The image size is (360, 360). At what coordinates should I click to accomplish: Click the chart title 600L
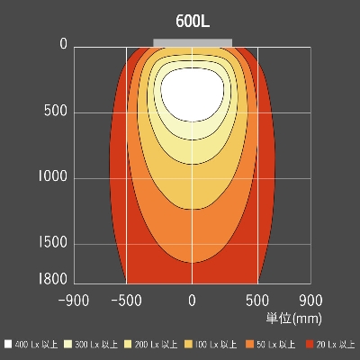click(x=193, y=22)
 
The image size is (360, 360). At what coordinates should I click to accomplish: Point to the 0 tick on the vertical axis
click(x=63, y=45)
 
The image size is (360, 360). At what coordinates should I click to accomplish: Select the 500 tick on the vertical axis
click(x=57, y=112)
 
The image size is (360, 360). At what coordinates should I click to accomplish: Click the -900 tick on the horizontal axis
click(x=74, y=299)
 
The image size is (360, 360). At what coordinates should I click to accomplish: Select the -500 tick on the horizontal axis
click(x=126, y=299)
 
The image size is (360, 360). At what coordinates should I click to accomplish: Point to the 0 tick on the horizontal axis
click(x=192, y=299)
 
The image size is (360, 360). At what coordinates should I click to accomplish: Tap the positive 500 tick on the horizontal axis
click(x=258, y=299)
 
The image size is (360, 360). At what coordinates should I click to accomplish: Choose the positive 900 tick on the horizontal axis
click(x=310, y=299)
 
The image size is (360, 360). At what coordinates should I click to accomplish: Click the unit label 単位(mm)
click(x=293, y=318)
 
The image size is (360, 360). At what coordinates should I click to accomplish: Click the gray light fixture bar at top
click(x=193, y=42)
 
